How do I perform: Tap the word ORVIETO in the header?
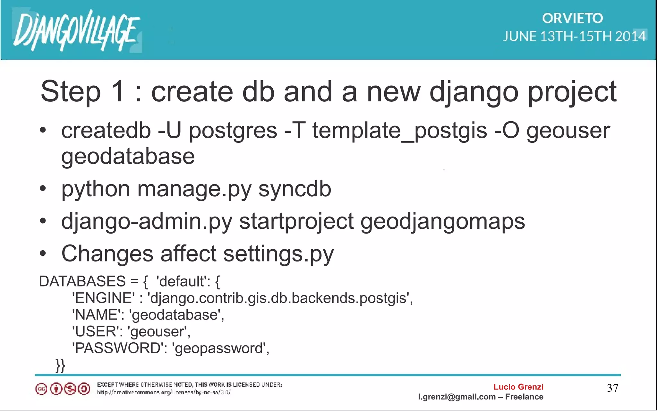click(x=572, y=18)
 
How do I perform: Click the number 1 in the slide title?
click(x=117, y=92)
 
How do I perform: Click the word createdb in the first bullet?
click(x=106, y=131)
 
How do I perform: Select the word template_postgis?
click(x=399, y=131)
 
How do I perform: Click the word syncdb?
click(x=294, y=189)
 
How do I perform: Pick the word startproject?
click(x=296, y=222)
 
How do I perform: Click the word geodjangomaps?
click(x=443, y=222)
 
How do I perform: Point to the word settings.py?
click(x=278, y=254)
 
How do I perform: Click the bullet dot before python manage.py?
click(x=43, y=189)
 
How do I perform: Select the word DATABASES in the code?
click(x=82, y=281)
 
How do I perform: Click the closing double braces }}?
click(x=60, y=365)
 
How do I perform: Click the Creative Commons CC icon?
click(x=41, y=389)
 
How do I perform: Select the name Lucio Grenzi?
click(x=518, y=387)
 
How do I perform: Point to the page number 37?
click(x=612, y=388)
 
